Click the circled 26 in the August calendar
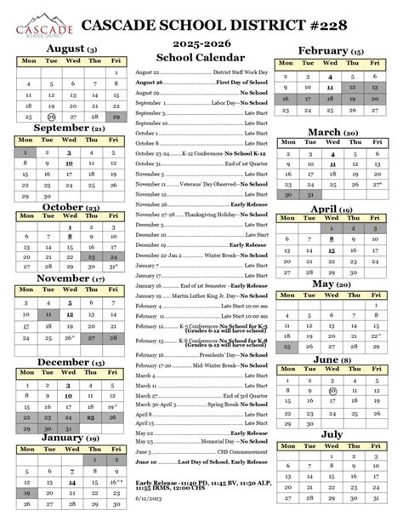click(51, 117)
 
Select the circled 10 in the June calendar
click(332, 368)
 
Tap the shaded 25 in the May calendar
click(287, 323)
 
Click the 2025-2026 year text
click(201, 40)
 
